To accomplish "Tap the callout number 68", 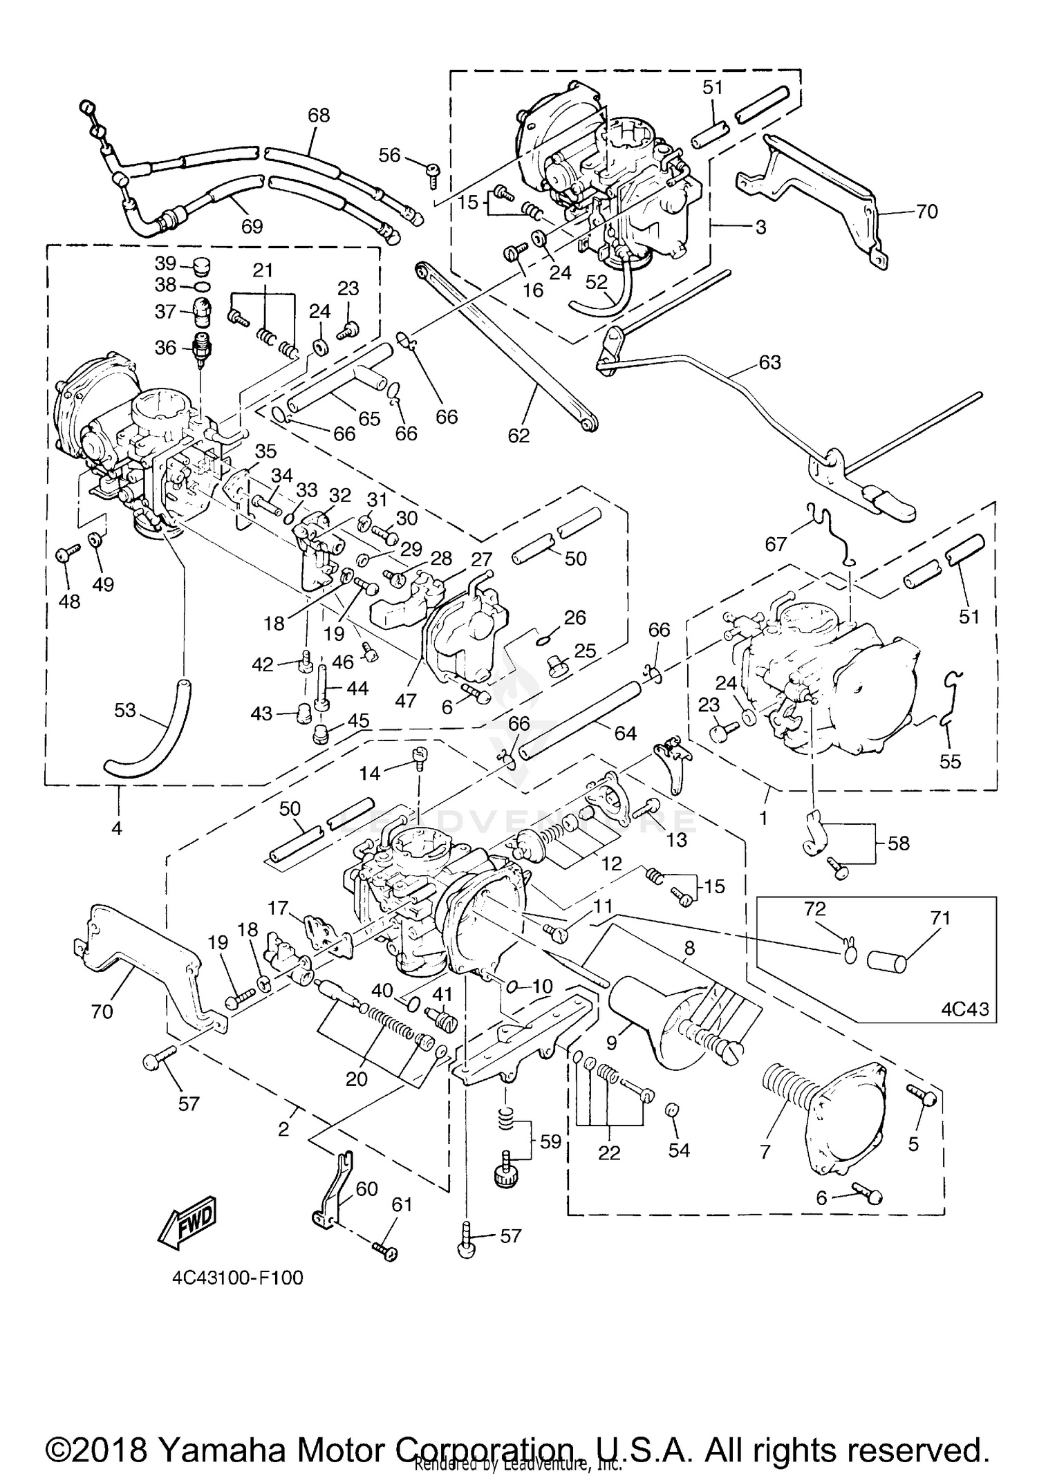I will coord(319,115).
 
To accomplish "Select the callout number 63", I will coord(769,362).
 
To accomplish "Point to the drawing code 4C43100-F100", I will coord(238,1278).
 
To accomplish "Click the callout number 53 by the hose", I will coord(124,710).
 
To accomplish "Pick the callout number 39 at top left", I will coord(166,263).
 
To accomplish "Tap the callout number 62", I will coord(518,435).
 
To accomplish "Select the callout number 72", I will coord(815,908).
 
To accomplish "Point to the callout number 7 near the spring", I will coord(765,1150).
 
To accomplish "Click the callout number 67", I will coord(776,544).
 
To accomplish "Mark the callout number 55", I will coord(951,761).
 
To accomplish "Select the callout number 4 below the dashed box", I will coord(117,828).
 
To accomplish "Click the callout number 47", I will coord(405,700).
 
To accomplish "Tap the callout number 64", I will coord(625,733).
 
